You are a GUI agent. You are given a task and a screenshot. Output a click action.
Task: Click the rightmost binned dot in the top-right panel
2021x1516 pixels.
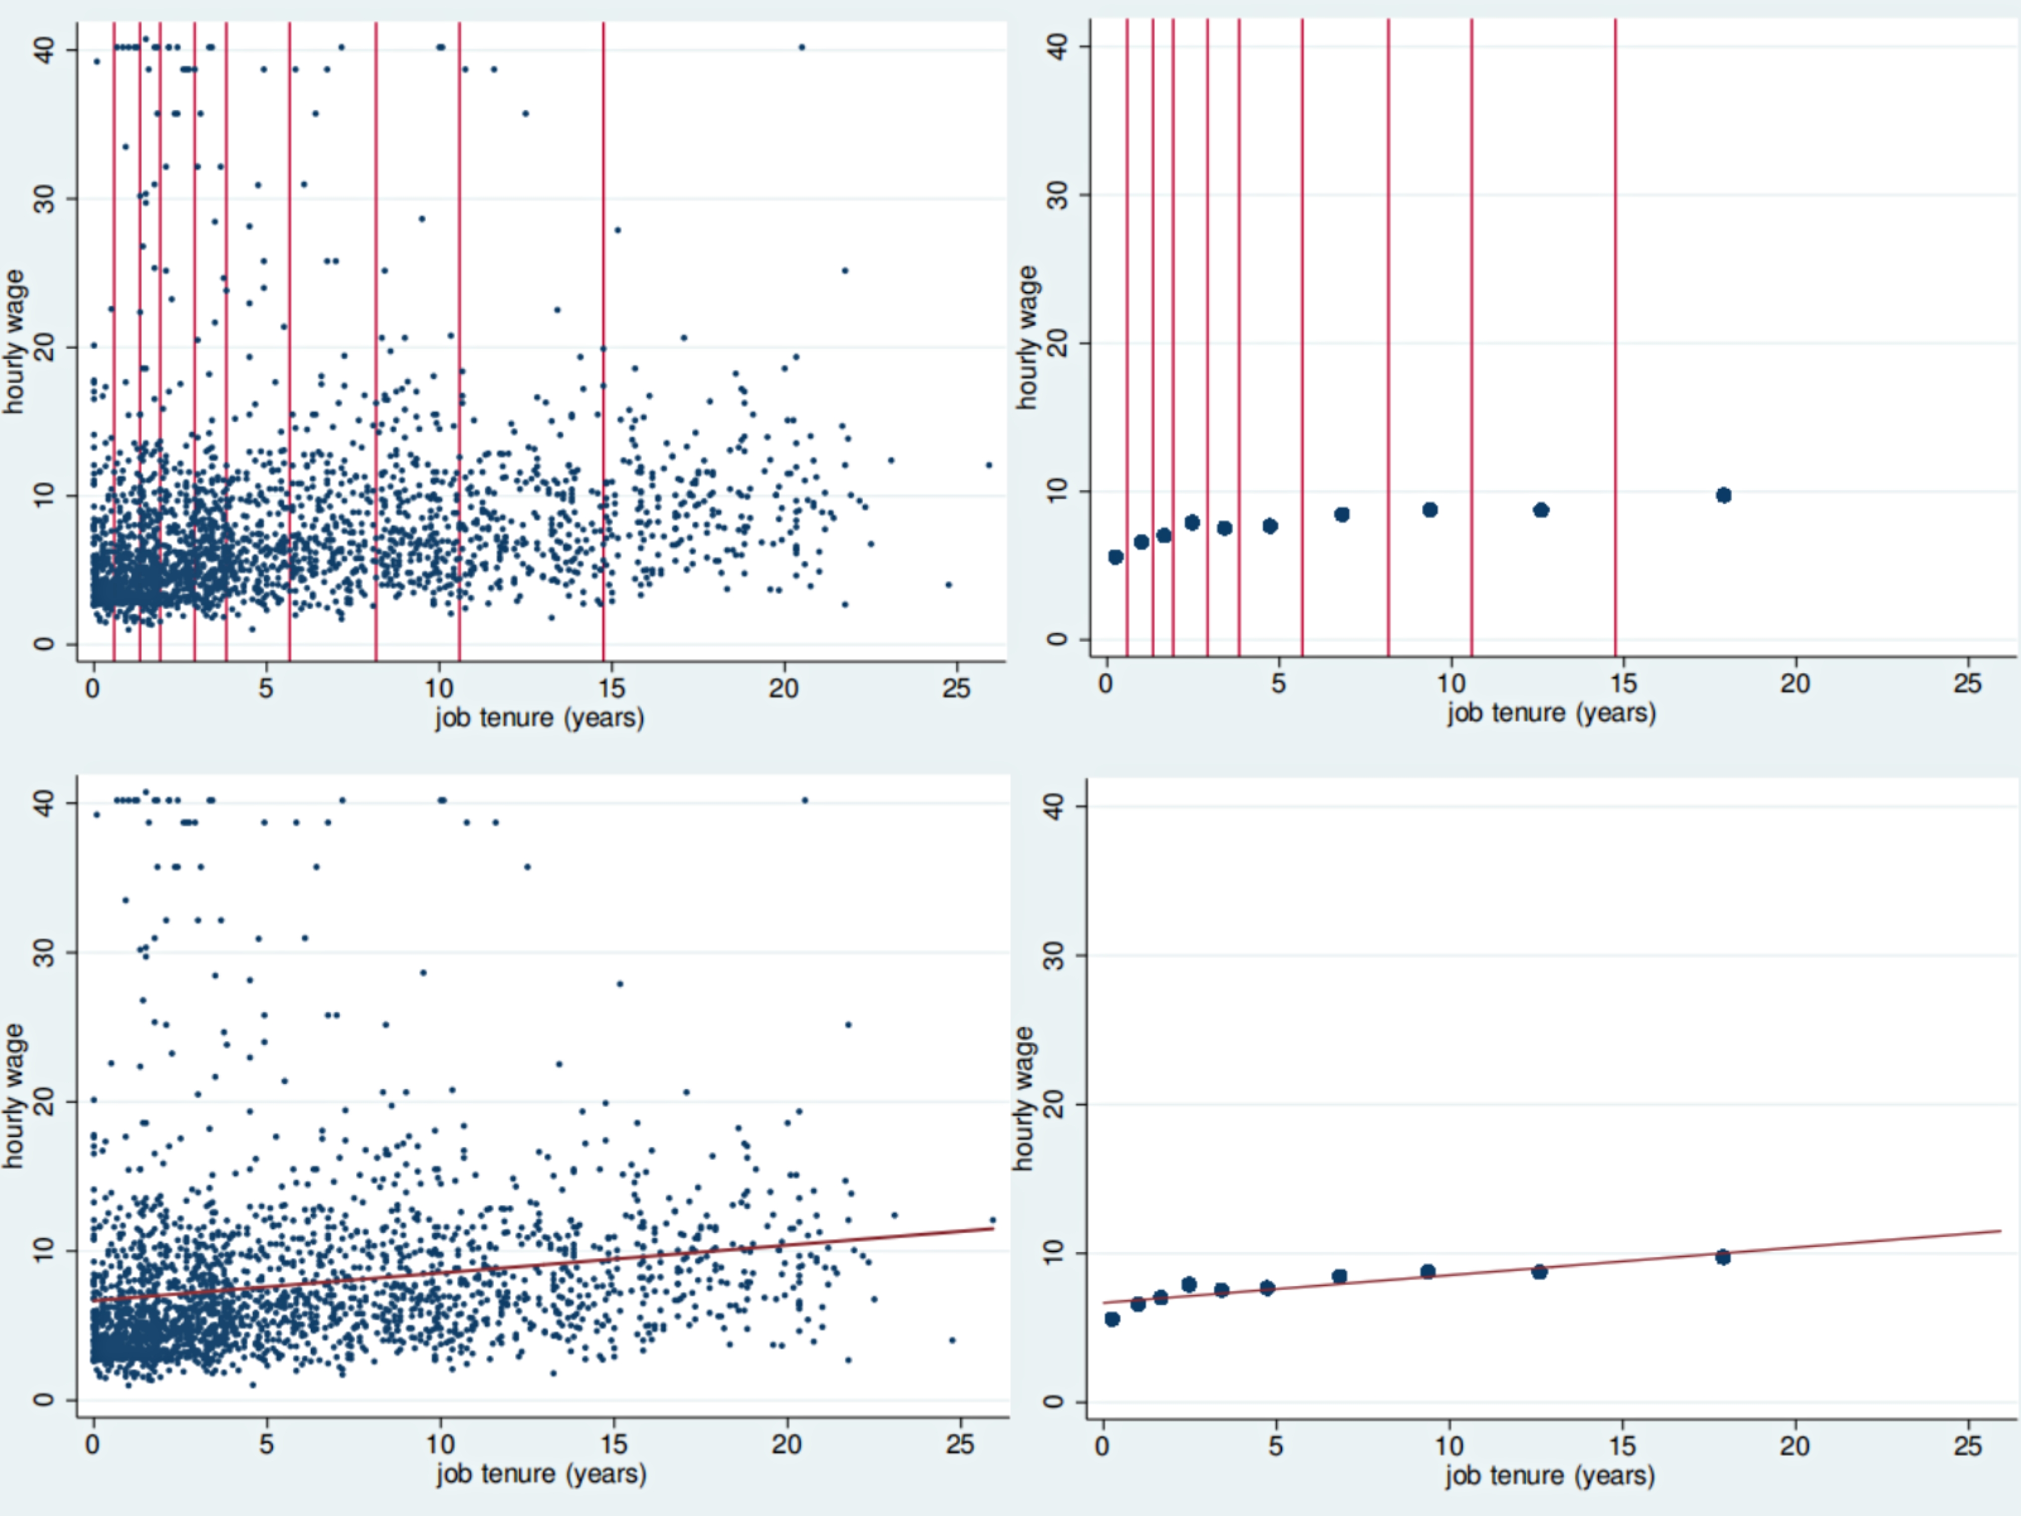1723,495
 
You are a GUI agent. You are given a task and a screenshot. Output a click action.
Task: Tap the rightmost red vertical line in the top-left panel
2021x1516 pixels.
603,338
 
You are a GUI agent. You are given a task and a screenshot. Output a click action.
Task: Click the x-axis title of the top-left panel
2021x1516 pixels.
539,717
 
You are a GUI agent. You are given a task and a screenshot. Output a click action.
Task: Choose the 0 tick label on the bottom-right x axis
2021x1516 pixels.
1103,1446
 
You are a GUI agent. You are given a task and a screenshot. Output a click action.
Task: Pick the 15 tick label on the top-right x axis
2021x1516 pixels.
1623,683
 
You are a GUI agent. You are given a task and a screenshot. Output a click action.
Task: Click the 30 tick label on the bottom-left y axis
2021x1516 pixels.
44,952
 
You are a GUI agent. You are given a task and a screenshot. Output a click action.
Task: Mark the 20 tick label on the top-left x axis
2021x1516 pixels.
783,688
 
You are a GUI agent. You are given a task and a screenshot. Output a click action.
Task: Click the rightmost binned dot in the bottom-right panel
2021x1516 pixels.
1722,1257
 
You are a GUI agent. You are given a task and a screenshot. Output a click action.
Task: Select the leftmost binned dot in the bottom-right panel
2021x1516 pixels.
1112,1318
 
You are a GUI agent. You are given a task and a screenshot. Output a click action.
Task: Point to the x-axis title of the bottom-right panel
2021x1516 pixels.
1549,1476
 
